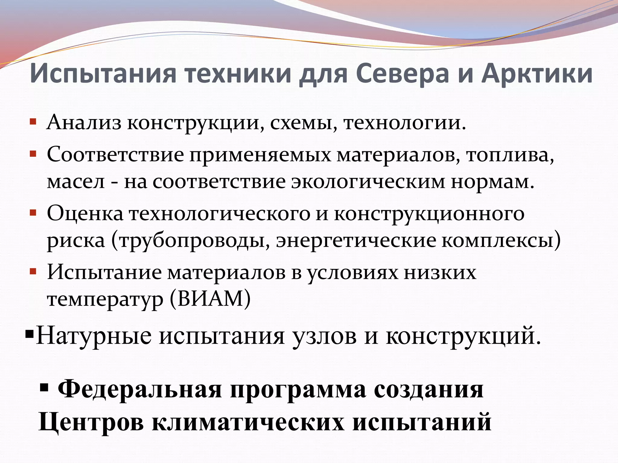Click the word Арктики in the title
point(537,74)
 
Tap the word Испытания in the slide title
point(103,74)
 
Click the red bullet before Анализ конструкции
point(33,122)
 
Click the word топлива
point(510,155)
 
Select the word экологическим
point(368,182)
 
